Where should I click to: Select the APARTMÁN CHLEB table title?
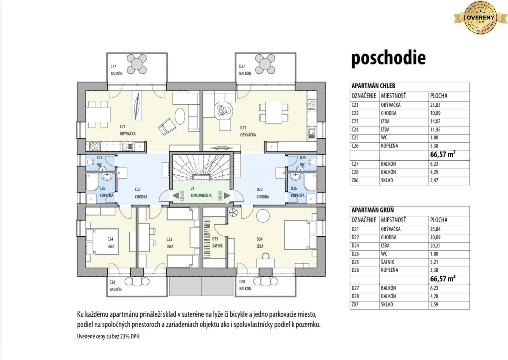pos(373,86)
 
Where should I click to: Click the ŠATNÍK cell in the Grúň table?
pos(389,262)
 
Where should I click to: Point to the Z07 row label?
pos(356,305)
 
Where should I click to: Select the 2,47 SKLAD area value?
pos(434,180)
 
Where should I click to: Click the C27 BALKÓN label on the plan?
pos(116,70)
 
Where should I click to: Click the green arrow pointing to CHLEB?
pos(175,196)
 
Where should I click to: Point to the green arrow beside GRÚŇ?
pos(226,196)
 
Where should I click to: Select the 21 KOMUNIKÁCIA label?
pos(201,192)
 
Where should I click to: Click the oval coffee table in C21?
pos(179,115)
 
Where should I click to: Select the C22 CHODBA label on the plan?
pos(141,193)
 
